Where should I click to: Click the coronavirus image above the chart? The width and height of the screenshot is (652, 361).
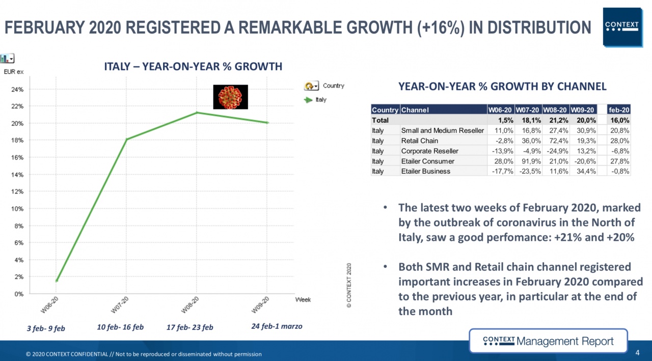pyautogui.click(x=230, y=97)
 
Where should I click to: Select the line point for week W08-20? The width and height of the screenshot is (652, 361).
pyautogui.click(x=197, y=113)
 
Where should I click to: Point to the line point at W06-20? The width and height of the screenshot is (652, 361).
pyautogui.click(x=57, y=281)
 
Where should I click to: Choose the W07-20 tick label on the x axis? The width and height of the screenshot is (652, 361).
pyautogui.click(x=121, y=306)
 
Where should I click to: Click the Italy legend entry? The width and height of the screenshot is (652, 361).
pyautogui.click(x=320, y=100)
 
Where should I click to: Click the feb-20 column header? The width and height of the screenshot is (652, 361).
pyautogui.click(x=619, y=109)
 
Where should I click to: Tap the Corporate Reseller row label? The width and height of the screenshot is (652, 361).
pyautogui.click(x=429, y=151)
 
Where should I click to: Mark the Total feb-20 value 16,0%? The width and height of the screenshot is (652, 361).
pyautogui.click(x=619, y=120)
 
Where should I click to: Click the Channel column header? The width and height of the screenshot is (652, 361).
pyautogui.click(x=415, y=109)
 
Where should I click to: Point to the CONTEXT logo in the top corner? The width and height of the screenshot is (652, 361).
pyautogui.click(x=621, y=26)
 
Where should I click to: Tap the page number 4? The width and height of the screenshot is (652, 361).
pyautogui.click(x=637, y=352)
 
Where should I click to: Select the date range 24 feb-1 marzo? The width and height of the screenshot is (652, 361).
pyautogui.click(x=277, y=326)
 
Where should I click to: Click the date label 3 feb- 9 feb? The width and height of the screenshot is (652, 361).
pyautogui.click(x=46, y=328)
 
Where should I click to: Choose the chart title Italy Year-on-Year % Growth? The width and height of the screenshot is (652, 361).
pyautogui.click(x=193, y=67)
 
